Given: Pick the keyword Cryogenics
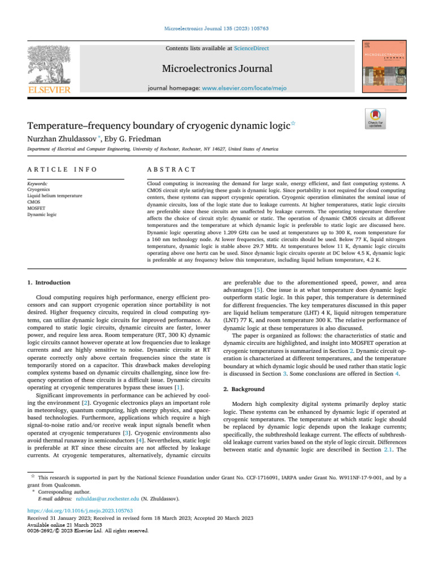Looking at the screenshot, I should (x=38, y=190).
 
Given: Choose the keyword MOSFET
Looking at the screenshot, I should (x=36, y=208).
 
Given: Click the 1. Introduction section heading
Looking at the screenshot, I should (x=49, y=282).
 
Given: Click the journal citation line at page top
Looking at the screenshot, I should (x=217, y=28).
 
